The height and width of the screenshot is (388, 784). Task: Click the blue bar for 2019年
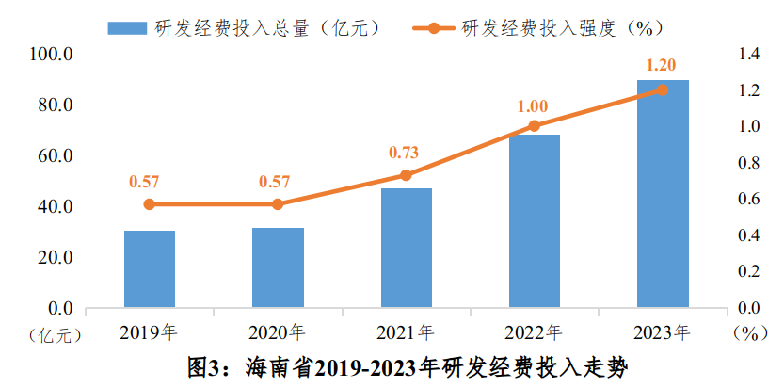click(150, 268)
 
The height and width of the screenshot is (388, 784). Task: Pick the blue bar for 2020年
click(278, 267)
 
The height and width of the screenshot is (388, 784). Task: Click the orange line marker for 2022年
click(534, 125)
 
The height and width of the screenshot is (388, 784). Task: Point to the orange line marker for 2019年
click(150, 204)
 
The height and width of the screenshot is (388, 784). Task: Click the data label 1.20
click(663, 65)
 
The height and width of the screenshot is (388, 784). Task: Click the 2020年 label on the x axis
click(277, 332)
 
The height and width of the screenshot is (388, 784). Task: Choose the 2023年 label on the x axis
click(662, 332)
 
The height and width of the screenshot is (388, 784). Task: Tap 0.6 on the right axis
click(748, 199)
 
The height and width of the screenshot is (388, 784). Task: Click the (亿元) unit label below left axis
click(56, 334)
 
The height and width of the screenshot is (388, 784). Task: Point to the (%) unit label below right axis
click(749, 334)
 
